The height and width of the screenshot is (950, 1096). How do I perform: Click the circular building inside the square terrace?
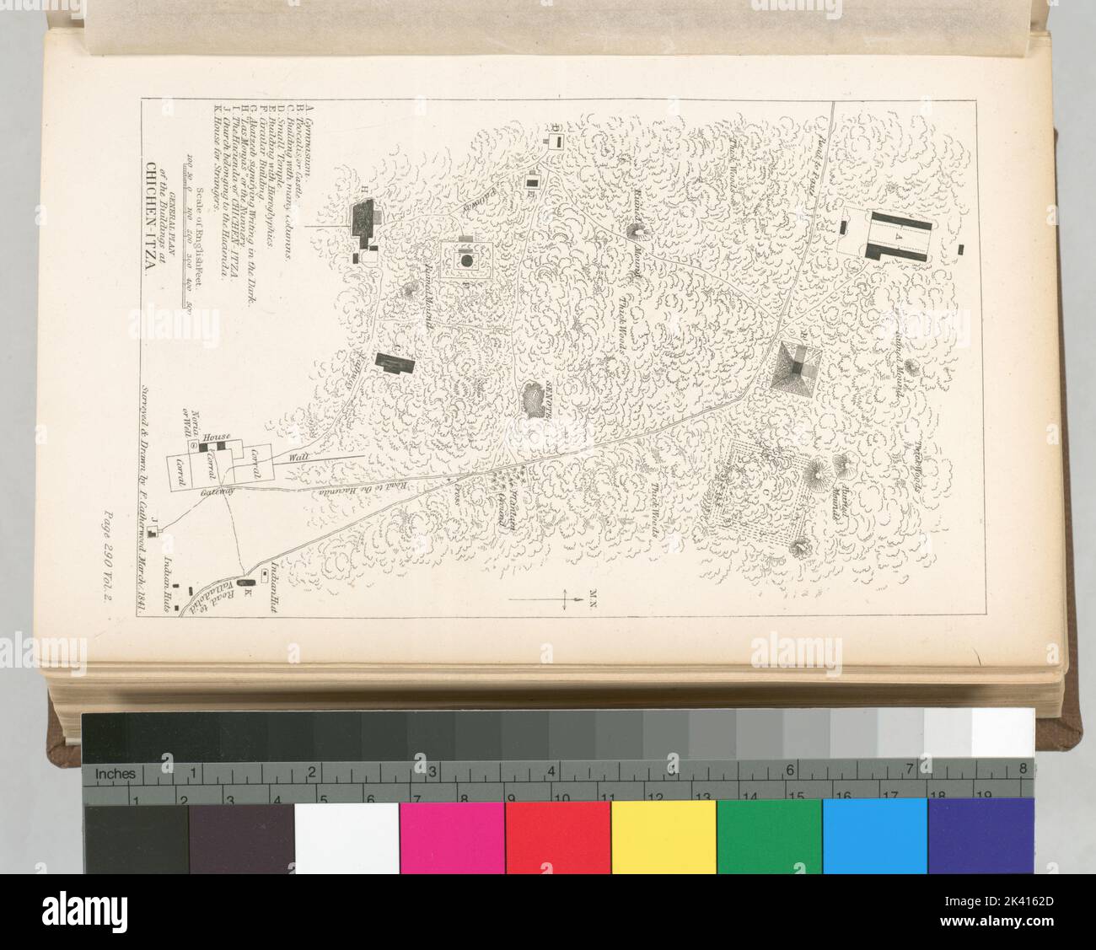[x=465, y=261]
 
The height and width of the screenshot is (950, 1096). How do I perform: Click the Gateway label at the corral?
[x=214, y=498]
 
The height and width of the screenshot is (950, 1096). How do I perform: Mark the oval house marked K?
[x=246, y=583]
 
